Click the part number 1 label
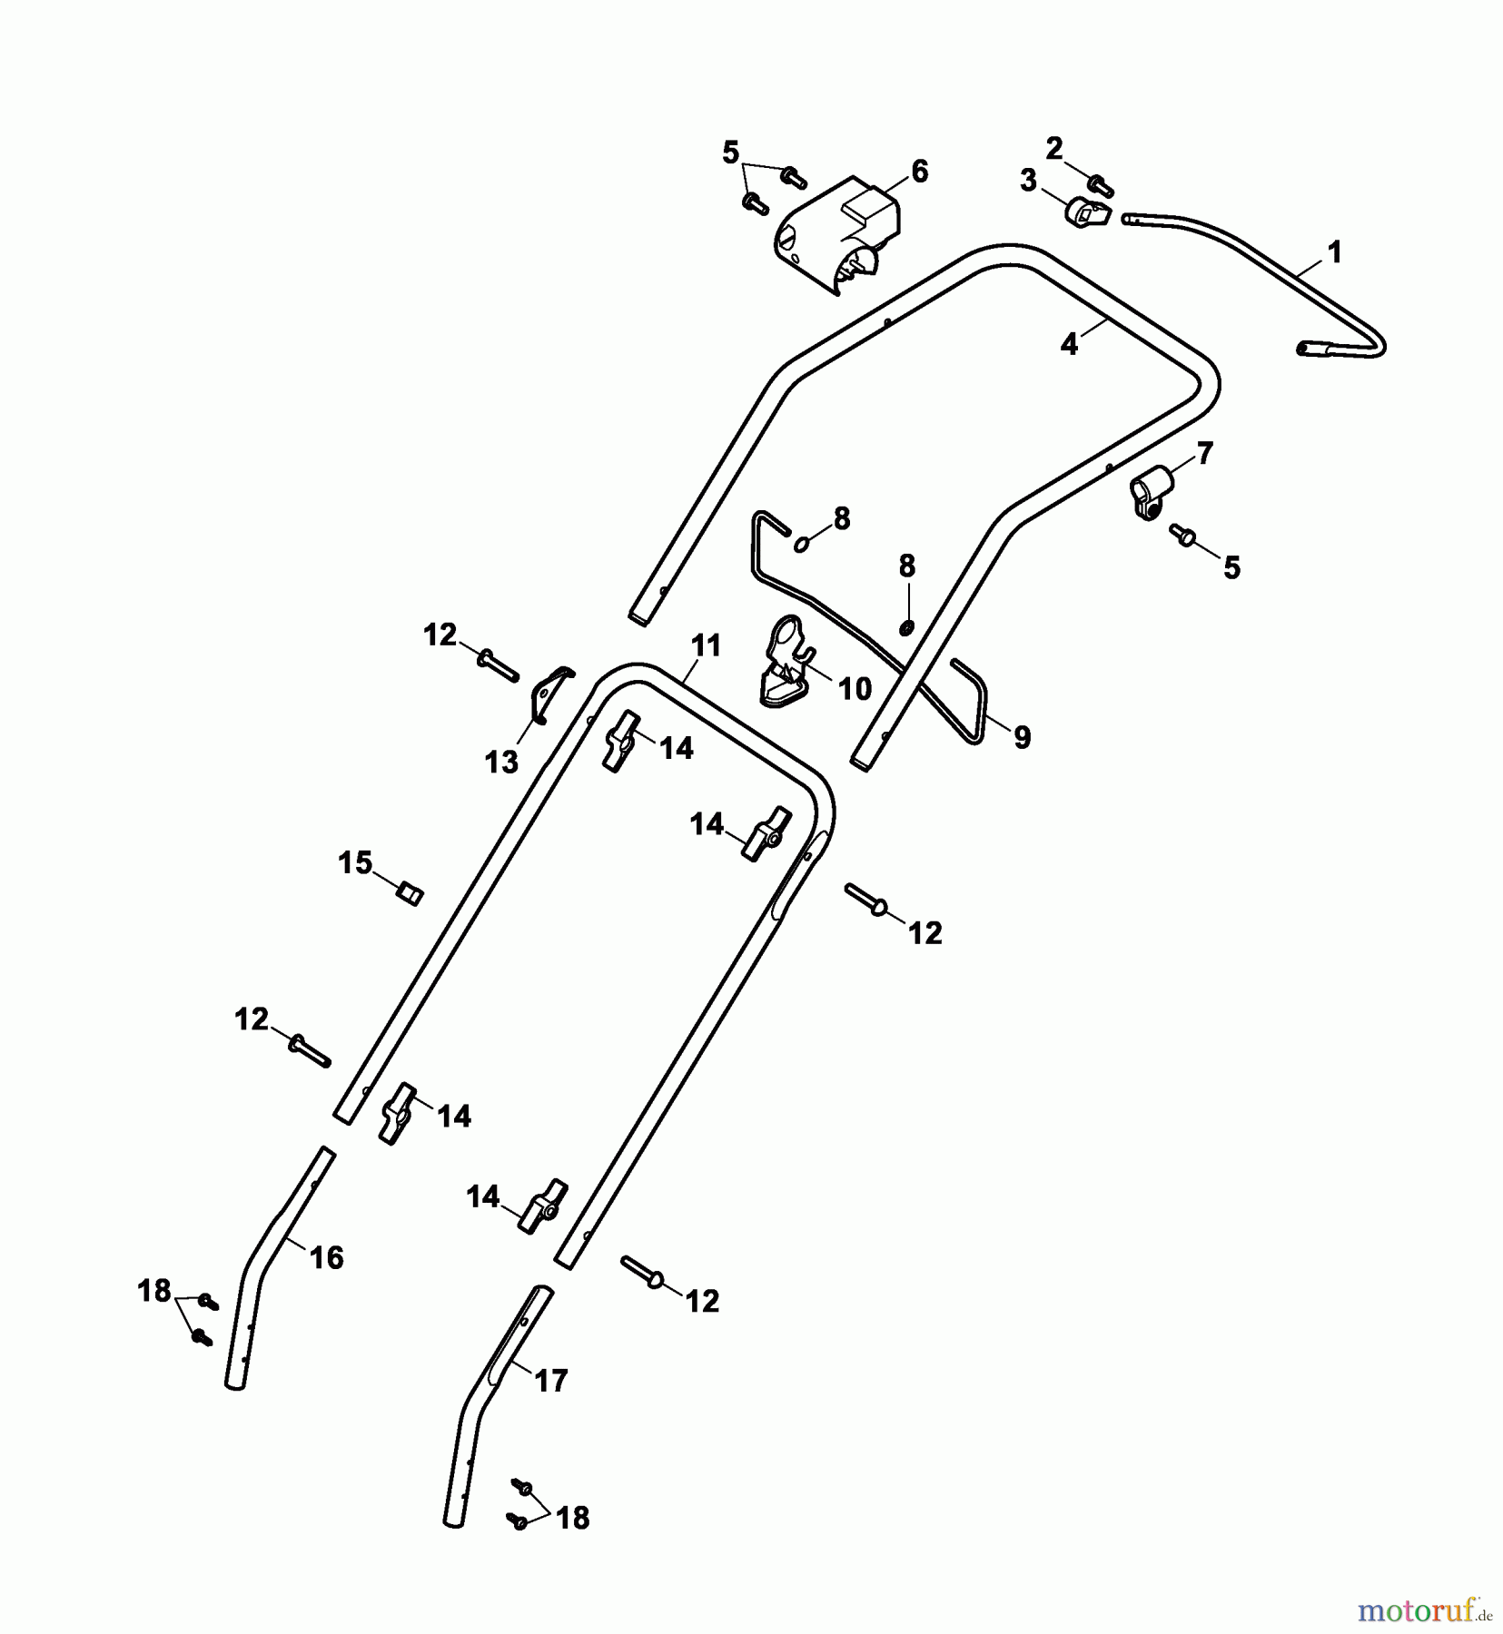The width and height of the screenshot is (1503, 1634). (x=1333, y=251)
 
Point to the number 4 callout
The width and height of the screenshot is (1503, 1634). (x=1069, y=345)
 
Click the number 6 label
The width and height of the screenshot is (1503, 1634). (x=920, y=171)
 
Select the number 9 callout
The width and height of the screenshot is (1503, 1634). (x=1022, y=738)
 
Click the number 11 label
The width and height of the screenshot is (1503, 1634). (x=706, y=645)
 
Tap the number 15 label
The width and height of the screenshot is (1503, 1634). (x=355, y=861)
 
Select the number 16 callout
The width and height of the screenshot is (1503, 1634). (x=326, y=1257)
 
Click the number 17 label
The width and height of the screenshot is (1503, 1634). (x=550, y=1381)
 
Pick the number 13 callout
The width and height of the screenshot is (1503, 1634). (x=501, y=761)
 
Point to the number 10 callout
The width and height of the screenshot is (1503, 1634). (x=854, y=689)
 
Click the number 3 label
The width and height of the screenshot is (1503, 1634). (x=1027, y=181)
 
